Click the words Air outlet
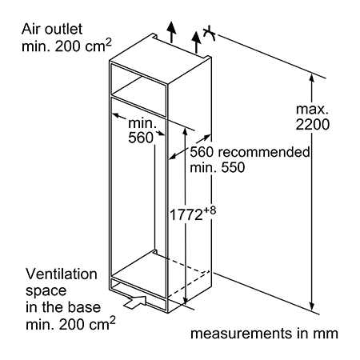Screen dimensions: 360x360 pyautogui.click(x=52, y=29)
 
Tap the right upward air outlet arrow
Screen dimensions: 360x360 pyautogui.click(x=196, y=42)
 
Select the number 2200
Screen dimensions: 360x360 pyautogui.click(x=313, y=125)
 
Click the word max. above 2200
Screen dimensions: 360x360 pyautogui.click(x=312, y=109)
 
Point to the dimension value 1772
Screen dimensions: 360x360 pyautogui.click(x=186, y=215)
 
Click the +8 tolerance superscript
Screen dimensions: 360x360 pyautogui.click(x=210, y=210)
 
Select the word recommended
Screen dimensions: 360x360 pyautogui.click(x=264, y=152)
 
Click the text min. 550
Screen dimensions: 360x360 pyautogui.click(x=218, y=167)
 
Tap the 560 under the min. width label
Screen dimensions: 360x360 pyautogui.click(x=141, y=138)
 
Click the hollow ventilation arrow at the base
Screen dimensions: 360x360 pyautogui.click(x=135, y=302)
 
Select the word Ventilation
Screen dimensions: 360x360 pyautogui.click(x=62, y=274)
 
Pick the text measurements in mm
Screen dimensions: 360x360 pyautogui.click(x=264, y=334)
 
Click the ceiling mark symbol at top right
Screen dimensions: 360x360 pyautogui.click(x=210, y=34)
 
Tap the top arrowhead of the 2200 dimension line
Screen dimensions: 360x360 pyautogui.click(x=311, y=78)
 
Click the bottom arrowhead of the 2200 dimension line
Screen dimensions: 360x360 pyautogui.click(x=311, y=306)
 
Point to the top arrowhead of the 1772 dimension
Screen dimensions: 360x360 pyautogui.click(x=185, y=132)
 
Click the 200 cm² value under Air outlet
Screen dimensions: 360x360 pyautogui.click(x=83, y=46)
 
